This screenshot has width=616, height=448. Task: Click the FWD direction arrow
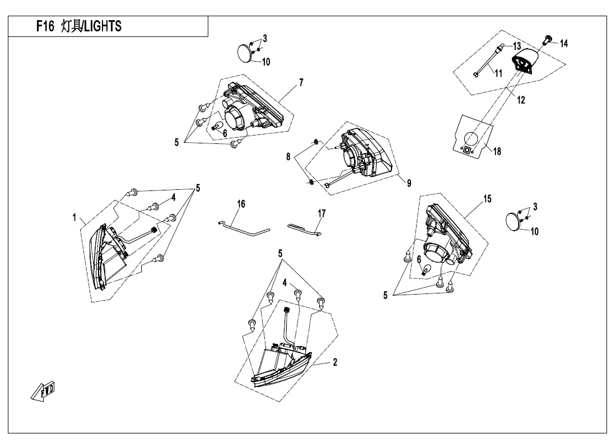[x=43, y=391]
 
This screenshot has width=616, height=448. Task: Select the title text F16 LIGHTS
[x=79, y=26]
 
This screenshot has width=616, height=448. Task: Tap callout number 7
[x=301, y=82]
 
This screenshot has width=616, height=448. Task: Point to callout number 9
[x=409, y=183]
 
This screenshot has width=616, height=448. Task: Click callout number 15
[x=487, y=199]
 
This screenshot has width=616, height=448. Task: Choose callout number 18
[x=497, y=151]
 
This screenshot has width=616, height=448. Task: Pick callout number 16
[x=241, y=204]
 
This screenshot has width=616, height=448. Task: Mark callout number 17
[x=322, y=213]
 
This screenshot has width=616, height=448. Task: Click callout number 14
[x=564, y=44]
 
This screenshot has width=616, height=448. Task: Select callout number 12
[x=521, y=100]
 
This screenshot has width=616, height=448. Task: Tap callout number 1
[x=74, y=217]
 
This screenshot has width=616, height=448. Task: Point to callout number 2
[x=335, y=362]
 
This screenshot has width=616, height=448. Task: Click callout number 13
[x=517, y=46]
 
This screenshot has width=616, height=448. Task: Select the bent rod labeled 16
[x=244, y=228]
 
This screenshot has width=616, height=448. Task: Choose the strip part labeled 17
[x=305, y=230]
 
